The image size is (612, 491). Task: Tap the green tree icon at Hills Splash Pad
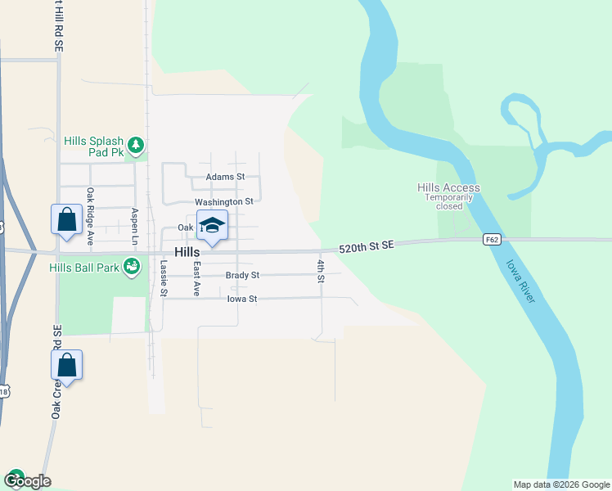pos(136,146)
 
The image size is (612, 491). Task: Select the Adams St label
pos(225,177)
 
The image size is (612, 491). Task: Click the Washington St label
pos(223,201)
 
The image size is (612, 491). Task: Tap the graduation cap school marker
pos(212,226)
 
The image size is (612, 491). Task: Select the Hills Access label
pos(448,188)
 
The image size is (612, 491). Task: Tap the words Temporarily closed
pos(449,201)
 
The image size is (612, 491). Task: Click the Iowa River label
pos(520,282)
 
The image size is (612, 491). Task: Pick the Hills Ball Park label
pos(83,268)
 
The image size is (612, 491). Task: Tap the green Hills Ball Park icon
pos(130,267)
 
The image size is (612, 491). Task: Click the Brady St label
pos(242,275)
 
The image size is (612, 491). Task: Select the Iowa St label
pos(241,300)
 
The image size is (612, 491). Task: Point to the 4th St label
pos(322,271)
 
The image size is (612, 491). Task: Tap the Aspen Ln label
pos(135,223)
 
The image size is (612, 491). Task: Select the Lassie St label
pos(164,277)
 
